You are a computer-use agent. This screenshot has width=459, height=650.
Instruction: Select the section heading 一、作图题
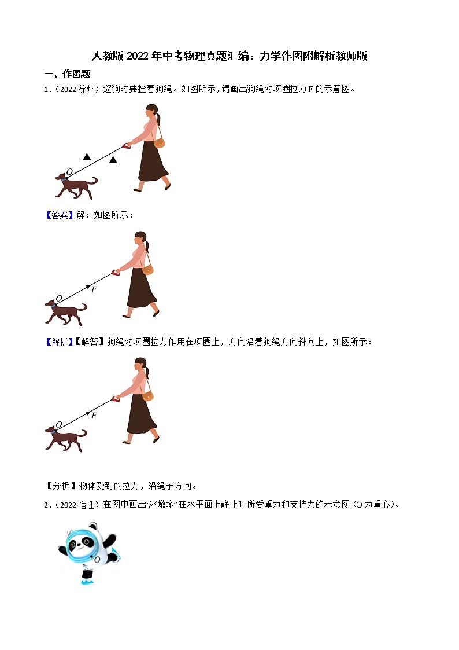click(x=68, y=74)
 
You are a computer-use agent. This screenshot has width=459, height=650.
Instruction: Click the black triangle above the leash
click(x=87, y=156)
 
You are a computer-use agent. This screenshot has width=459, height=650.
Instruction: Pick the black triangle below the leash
click(x=113, y=160)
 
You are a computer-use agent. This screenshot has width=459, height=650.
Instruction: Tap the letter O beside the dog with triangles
click(x=69, y=172)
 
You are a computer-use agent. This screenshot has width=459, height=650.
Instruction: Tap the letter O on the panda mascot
click(x=97, y=560)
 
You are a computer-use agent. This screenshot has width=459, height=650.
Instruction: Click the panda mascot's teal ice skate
click(x=88, y=581)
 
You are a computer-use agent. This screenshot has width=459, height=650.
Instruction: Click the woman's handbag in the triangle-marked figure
click(x=159, y=142)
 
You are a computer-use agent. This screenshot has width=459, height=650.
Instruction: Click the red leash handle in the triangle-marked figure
click(x=126, y=145)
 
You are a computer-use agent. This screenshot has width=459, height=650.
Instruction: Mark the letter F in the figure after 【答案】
click(x=94, y=289)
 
